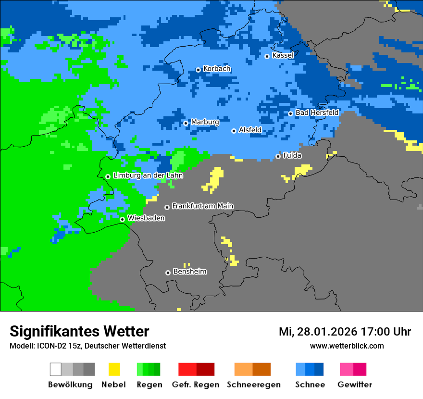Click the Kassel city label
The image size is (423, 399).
tap(283, 55)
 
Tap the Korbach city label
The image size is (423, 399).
tap(217, 69)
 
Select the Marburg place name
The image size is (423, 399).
tap(205, 122)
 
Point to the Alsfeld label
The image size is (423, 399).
tap(250, 130)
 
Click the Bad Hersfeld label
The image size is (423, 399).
tap(317, 112)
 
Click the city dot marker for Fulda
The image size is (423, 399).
tap(278, 156)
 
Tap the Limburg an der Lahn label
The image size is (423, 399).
tap(148, 175)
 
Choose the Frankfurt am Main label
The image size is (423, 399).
tap(202, 206)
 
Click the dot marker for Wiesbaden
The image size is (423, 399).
tap(122, 219)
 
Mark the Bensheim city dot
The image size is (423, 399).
tap(168, 273)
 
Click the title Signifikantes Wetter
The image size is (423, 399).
tap(79, 331)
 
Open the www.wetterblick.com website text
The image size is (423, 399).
tap(347, 346)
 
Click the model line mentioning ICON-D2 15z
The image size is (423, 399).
tap(87, 346)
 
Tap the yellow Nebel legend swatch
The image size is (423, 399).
tap(114, 369)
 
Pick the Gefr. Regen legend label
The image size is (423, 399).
tap(196, 385)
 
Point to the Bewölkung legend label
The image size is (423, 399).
tap(70, 385)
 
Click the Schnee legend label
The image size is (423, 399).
tap(310, 385)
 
